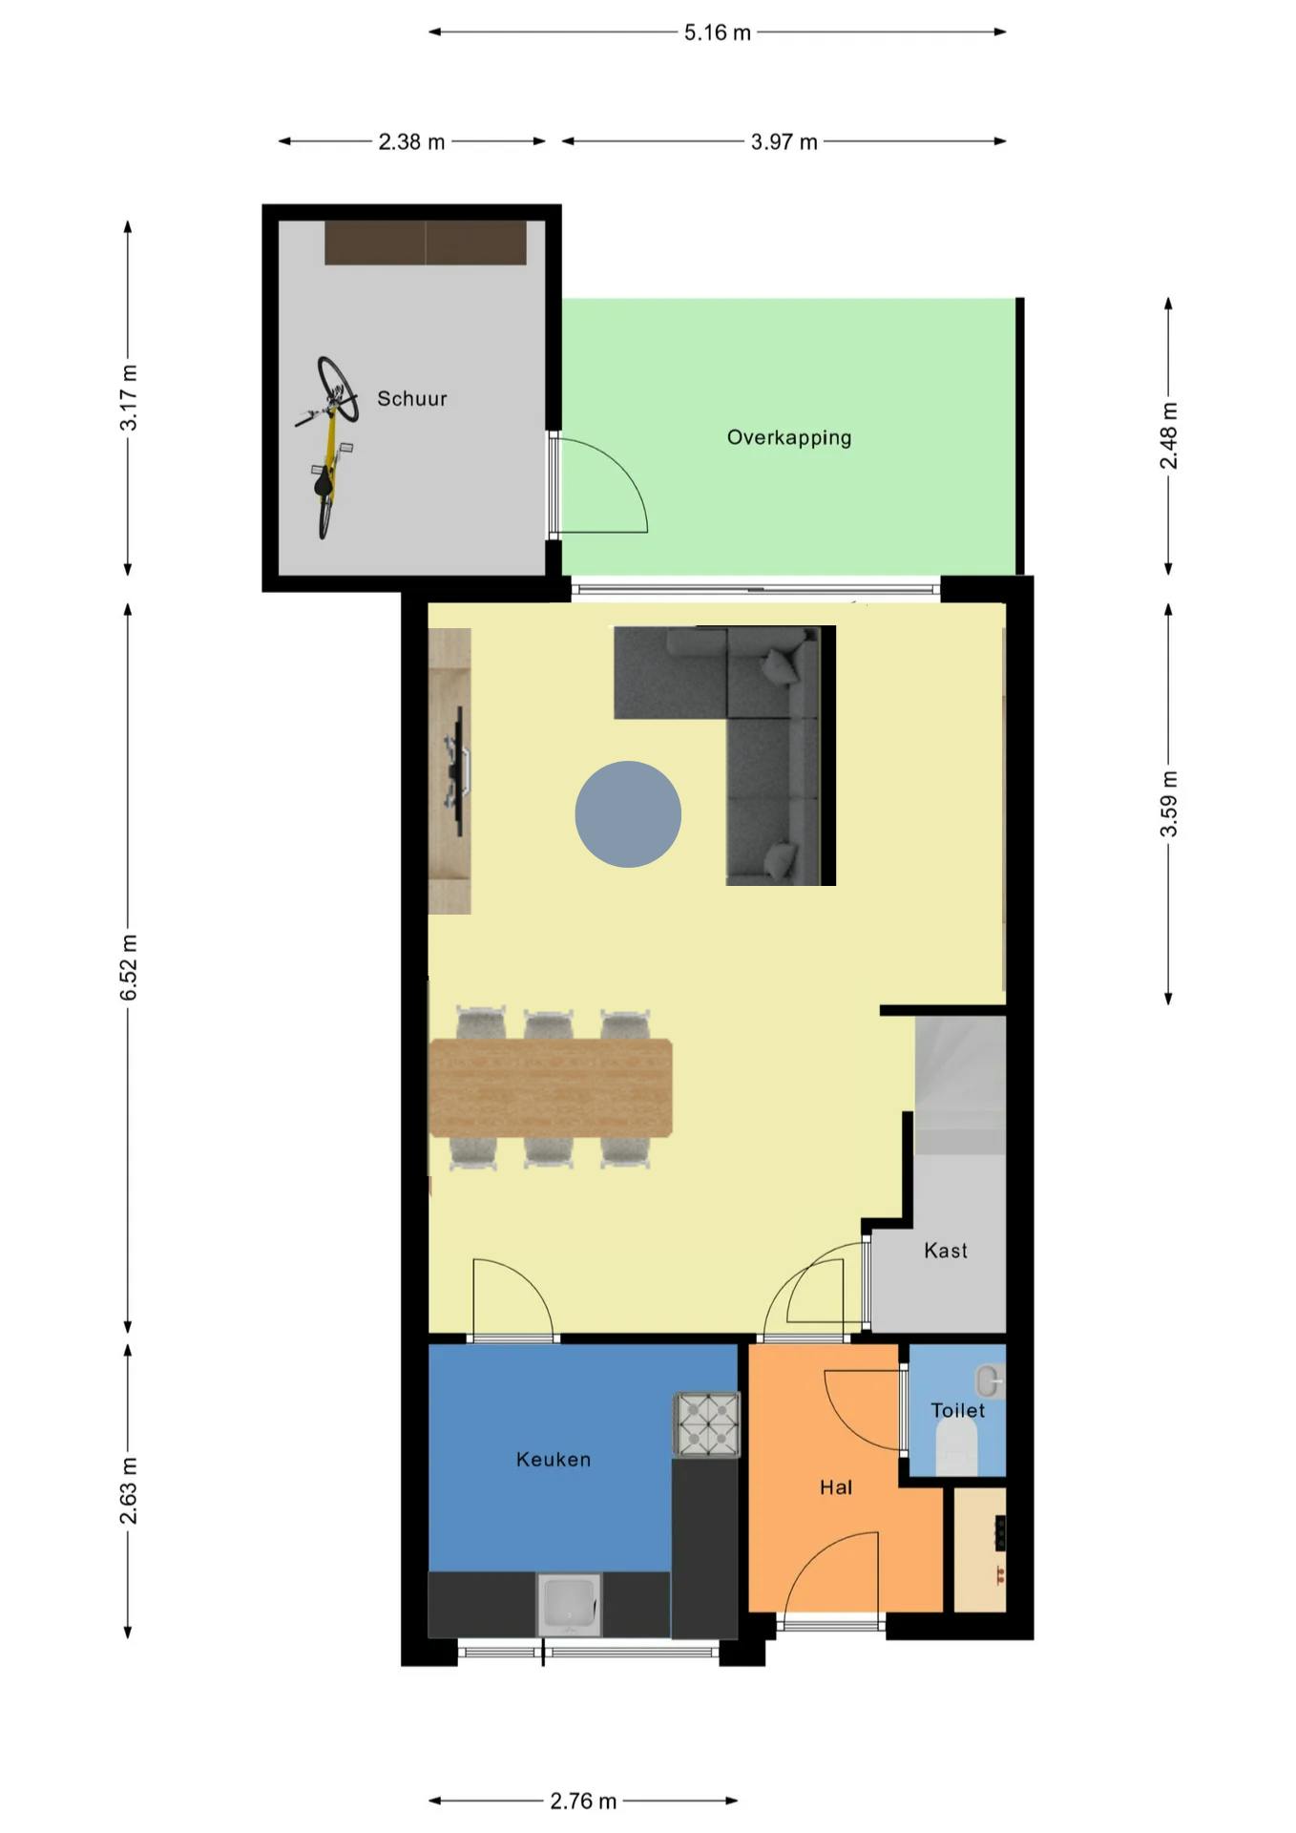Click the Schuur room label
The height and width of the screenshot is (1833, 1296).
pyautogui.click(x=411, y=398)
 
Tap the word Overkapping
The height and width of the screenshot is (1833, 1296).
pyautogui.click(x=788, y=437)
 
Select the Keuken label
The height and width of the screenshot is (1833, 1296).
pyautogui.click(x=553, y=1459)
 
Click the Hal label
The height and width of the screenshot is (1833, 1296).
pyautogui.click(x=835, y=1486)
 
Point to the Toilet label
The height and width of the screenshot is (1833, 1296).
pyautogui.click(x=957, y=1410)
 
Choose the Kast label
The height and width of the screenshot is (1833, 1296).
pyautogui.click(x=945, y=1250)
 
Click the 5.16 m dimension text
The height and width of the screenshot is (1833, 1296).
pyautogui.click(x=717, y=32)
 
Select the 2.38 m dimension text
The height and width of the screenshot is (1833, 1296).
pyautogui.click(x=411, y=142)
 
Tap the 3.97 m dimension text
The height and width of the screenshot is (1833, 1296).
pyautogui.click(x=784, y=142)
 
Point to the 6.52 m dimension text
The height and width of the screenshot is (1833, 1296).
pyautogui.click(x=129, y=967)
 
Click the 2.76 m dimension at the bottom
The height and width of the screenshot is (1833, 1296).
pyautogui.click(x=582, y=1801)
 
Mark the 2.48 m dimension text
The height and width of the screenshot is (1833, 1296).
pyautogui.click(x=1168, y=435)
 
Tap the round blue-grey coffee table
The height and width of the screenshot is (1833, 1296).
pyautogui.click(x=627, y=813)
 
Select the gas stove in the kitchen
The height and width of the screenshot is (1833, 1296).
pyautogui.click(x=706, y=1424)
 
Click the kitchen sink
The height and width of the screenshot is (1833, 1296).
pyautogui.click(x=569, y=1604)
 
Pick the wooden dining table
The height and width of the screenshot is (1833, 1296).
pyautogui.click(x=551, y=1087)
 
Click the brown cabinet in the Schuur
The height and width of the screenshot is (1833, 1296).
pyautogui.click(x=425, y=242)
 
